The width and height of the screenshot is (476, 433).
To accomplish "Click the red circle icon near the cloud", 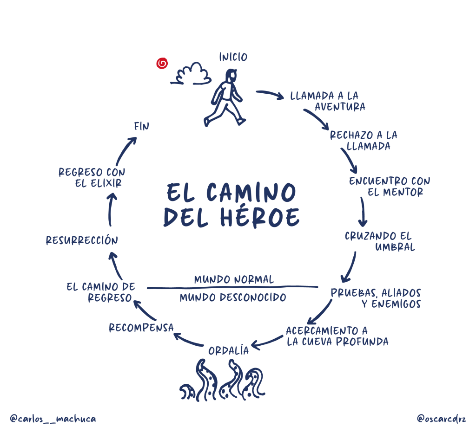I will [162, 63].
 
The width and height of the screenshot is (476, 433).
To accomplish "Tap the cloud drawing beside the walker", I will [191, 74].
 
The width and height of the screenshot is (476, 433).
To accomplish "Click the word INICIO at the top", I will [233, 57].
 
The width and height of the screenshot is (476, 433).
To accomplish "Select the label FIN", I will [141, 126].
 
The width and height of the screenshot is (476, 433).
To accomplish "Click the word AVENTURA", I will [340, 107].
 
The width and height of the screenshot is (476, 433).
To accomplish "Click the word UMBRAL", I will [395, 247].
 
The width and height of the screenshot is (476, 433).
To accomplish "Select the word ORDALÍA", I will [228, 351].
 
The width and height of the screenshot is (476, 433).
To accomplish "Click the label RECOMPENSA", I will [141, 328].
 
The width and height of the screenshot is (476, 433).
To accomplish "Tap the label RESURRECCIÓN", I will [82, 240].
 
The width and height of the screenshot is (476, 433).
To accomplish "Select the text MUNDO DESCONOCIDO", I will [232, 297].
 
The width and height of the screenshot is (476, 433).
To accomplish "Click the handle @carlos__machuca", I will [53, 419].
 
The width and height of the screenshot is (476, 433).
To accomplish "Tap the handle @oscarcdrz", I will [441, 419].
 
